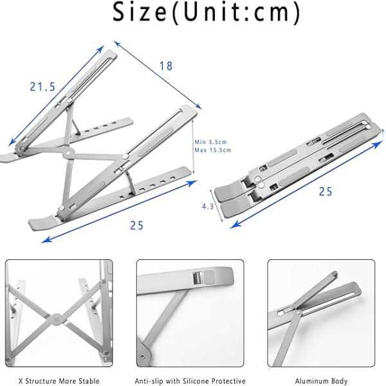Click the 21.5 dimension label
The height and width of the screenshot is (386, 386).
[42, 87]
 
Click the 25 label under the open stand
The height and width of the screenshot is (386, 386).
[136, 226]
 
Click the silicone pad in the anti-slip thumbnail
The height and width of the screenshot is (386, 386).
[209, 277]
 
